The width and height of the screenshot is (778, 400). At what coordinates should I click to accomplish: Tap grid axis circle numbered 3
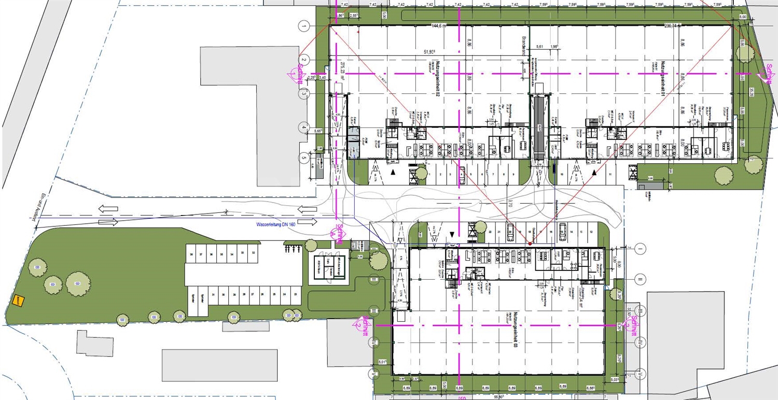point(304,94)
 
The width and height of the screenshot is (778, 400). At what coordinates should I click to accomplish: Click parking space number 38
point(191,254)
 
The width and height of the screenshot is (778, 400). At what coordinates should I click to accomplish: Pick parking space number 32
point(253,252)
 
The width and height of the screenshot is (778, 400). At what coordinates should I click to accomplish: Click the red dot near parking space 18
point(529,243)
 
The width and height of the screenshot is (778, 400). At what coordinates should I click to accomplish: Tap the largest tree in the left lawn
point(78,283)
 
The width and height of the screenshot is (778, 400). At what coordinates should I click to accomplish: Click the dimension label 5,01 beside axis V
point(383,362)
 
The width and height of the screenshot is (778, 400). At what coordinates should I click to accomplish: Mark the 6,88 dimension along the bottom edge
point(590,388)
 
